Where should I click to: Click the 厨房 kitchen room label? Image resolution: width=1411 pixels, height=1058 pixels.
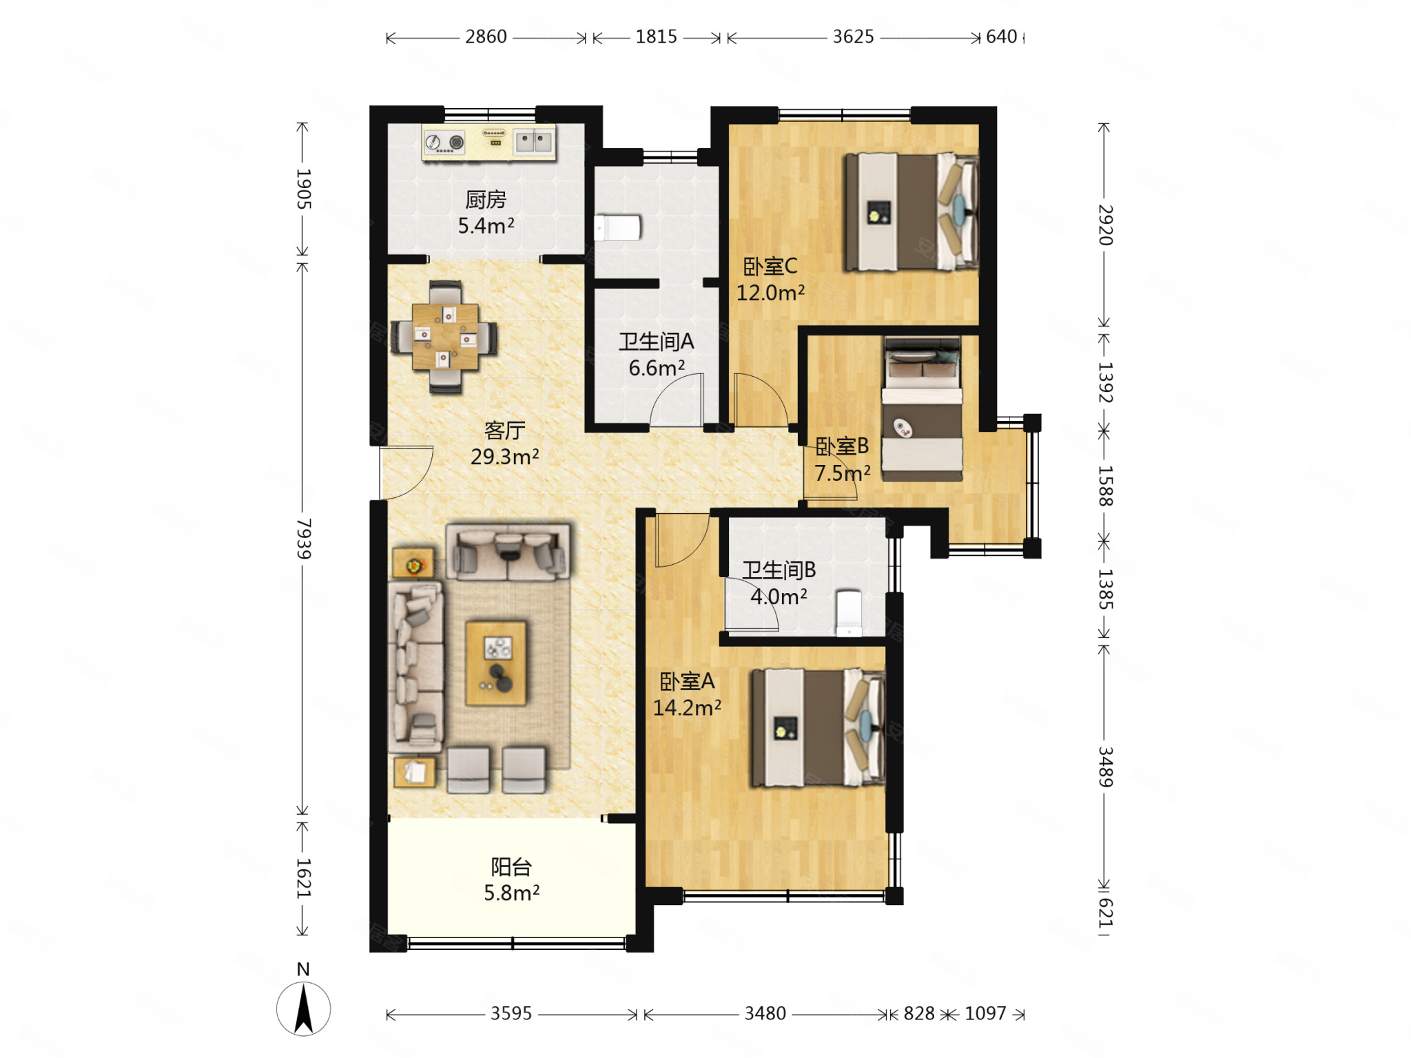click(x=486, y=200)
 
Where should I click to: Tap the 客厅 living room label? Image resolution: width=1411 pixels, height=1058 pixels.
click(x=504, y=431)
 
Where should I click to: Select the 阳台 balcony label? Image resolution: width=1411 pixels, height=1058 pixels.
click(x=511, y=867)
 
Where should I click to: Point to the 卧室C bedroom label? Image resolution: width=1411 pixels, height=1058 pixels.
click(x=770, y=266)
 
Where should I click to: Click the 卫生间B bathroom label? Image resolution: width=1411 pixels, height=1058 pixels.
click(x=779, y=570)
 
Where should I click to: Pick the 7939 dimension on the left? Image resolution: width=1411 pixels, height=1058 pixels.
click(x=303, y=539)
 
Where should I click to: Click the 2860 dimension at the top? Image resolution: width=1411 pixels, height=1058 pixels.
click(x=486, y=37)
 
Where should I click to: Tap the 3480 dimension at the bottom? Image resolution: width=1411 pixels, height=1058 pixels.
click(x=765, y=1013)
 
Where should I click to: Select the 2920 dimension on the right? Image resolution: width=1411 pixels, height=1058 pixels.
click(x=1105, y=225)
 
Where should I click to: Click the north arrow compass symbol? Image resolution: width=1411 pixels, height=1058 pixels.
click(x=303, y=1009)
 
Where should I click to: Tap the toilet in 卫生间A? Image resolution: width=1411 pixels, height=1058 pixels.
click(x=618, y=228)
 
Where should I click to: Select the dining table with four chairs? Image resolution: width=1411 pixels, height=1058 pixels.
click(x=445, y=337)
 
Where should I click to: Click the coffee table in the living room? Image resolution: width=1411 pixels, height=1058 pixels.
click(x=496, y=663)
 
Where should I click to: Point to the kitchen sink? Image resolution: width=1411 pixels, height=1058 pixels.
click(x=534, y=142)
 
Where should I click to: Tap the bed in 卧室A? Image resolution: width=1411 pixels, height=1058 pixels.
click(x=818, y=727)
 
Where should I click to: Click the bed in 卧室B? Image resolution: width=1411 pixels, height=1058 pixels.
click(x=923, y=409)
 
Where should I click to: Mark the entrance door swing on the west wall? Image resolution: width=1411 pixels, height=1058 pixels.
click(x=406, y=473)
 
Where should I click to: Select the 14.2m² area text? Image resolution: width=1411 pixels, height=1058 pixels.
click(x=687, y=707)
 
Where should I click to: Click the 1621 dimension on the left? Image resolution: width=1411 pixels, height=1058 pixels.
click(x=303, y=878)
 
